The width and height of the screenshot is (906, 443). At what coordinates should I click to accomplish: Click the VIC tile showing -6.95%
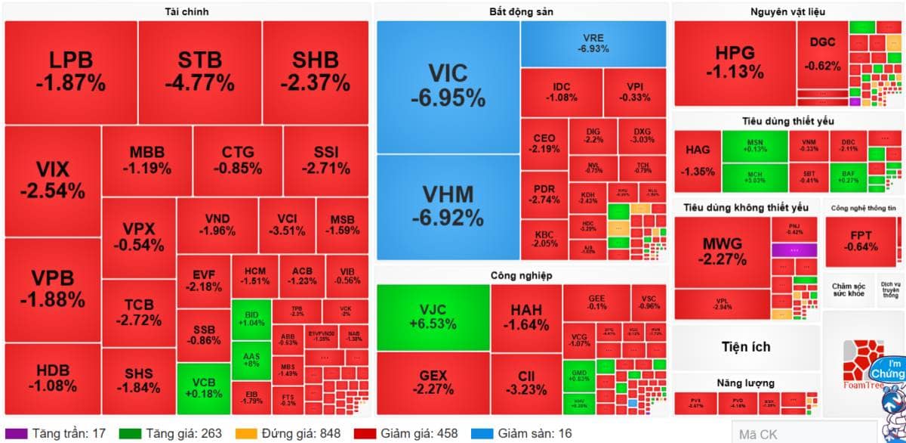click(x=448, y=86)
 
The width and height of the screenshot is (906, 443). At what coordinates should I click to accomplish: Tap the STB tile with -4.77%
click(x=200, y=72)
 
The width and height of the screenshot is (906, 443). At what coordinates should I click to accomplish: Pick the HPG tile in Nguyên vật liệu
click(x=735, y=64)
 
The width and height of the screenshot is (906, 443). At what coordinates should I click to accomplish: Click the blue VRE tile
click(x=593, y=43)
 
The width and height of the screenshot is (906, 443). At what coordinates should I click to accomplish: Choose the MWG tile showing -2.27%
click(x=722, y=252)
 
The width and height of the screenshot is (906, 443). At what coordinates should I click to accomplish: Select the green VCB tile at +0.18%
click(x=203, y=388)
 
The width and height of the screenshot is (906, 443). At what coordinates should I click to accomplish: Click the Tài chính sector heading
click(x=186, y=11)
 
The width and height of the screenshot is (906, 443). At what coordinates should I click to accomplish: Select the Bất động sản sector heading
click(x=520, y=11)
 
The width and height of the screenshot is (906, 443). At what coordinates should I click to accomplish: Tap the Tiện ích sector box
click(x=746, y=347)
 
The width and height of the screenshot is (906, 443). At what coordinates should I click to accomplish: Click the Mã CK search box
click(x=803, y=434)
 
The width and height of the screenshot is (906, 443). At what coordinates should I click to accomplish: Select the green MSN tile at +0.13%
click(x=755, y=145)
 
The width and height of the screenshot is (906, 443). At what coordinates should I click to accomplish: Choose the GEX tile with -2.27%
click(x=433, y=383)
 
